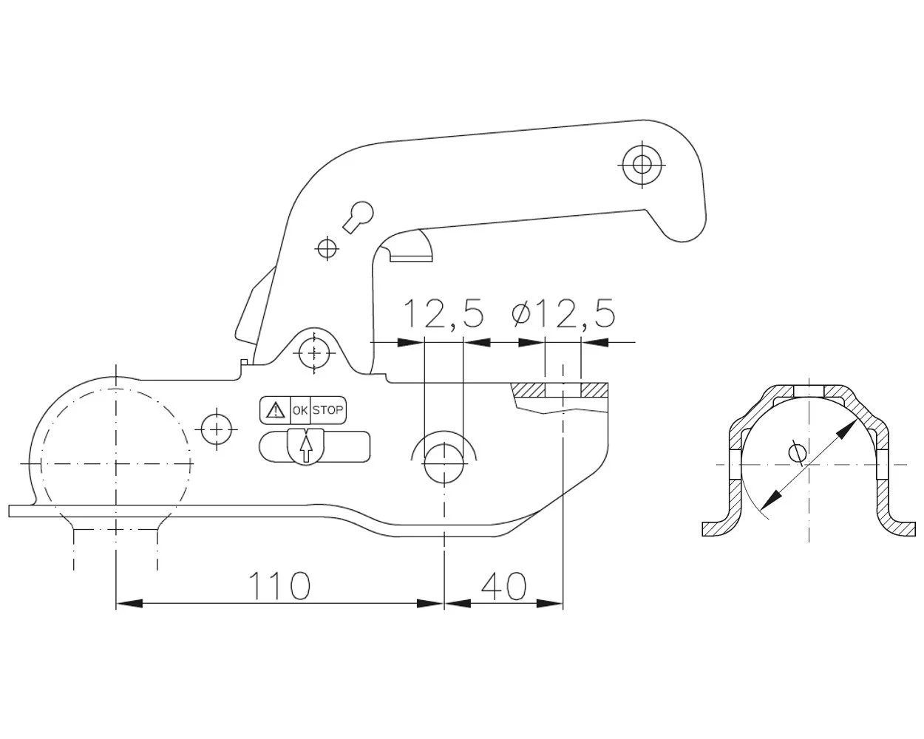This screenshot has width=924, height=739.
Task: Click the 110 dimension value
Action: (279, 586)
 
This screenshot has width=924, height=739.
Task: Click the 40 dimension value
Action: (503, 586)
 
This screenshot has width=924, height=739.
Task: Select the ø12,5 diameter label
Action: (563, 314)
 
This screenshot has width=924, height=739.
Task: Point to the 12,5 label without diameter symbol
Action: (444, 314)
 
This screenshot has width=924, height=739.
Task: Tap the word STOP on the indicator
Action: (327, 410)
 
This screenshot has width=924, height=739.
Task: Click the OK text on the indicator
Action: (300, 410)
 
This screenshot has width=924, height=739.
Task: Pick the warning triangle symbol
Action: (275, 410)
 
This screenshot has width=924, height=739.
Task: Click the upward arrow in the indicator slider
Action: (306, 449)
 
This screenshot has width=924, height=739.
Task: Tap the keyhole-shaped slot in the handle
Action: (359, 217)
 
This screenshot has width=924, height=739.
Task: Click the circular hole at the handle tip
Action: (642, 165)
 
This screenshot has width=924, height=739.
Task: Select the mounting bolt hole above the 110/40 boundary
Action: (444, 463)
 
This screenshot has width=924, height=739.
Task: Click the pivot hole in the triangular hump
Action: (314, 353)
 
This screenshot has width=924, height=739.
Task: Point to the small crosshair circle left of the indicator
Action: (217, 429)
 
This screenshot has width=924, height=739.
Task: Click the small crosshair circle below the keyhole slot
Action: (327, 248)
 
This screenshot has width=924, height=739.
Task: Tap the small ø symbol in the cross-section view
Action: (798, 452)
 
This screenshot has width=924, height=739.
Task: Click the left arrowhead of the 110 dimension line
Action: (129, 603)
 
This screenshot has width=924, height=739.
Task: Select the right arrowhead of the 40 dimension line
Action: (549, 603)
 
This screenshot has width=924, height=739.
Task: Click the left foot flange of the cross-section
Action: (718, 528)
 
